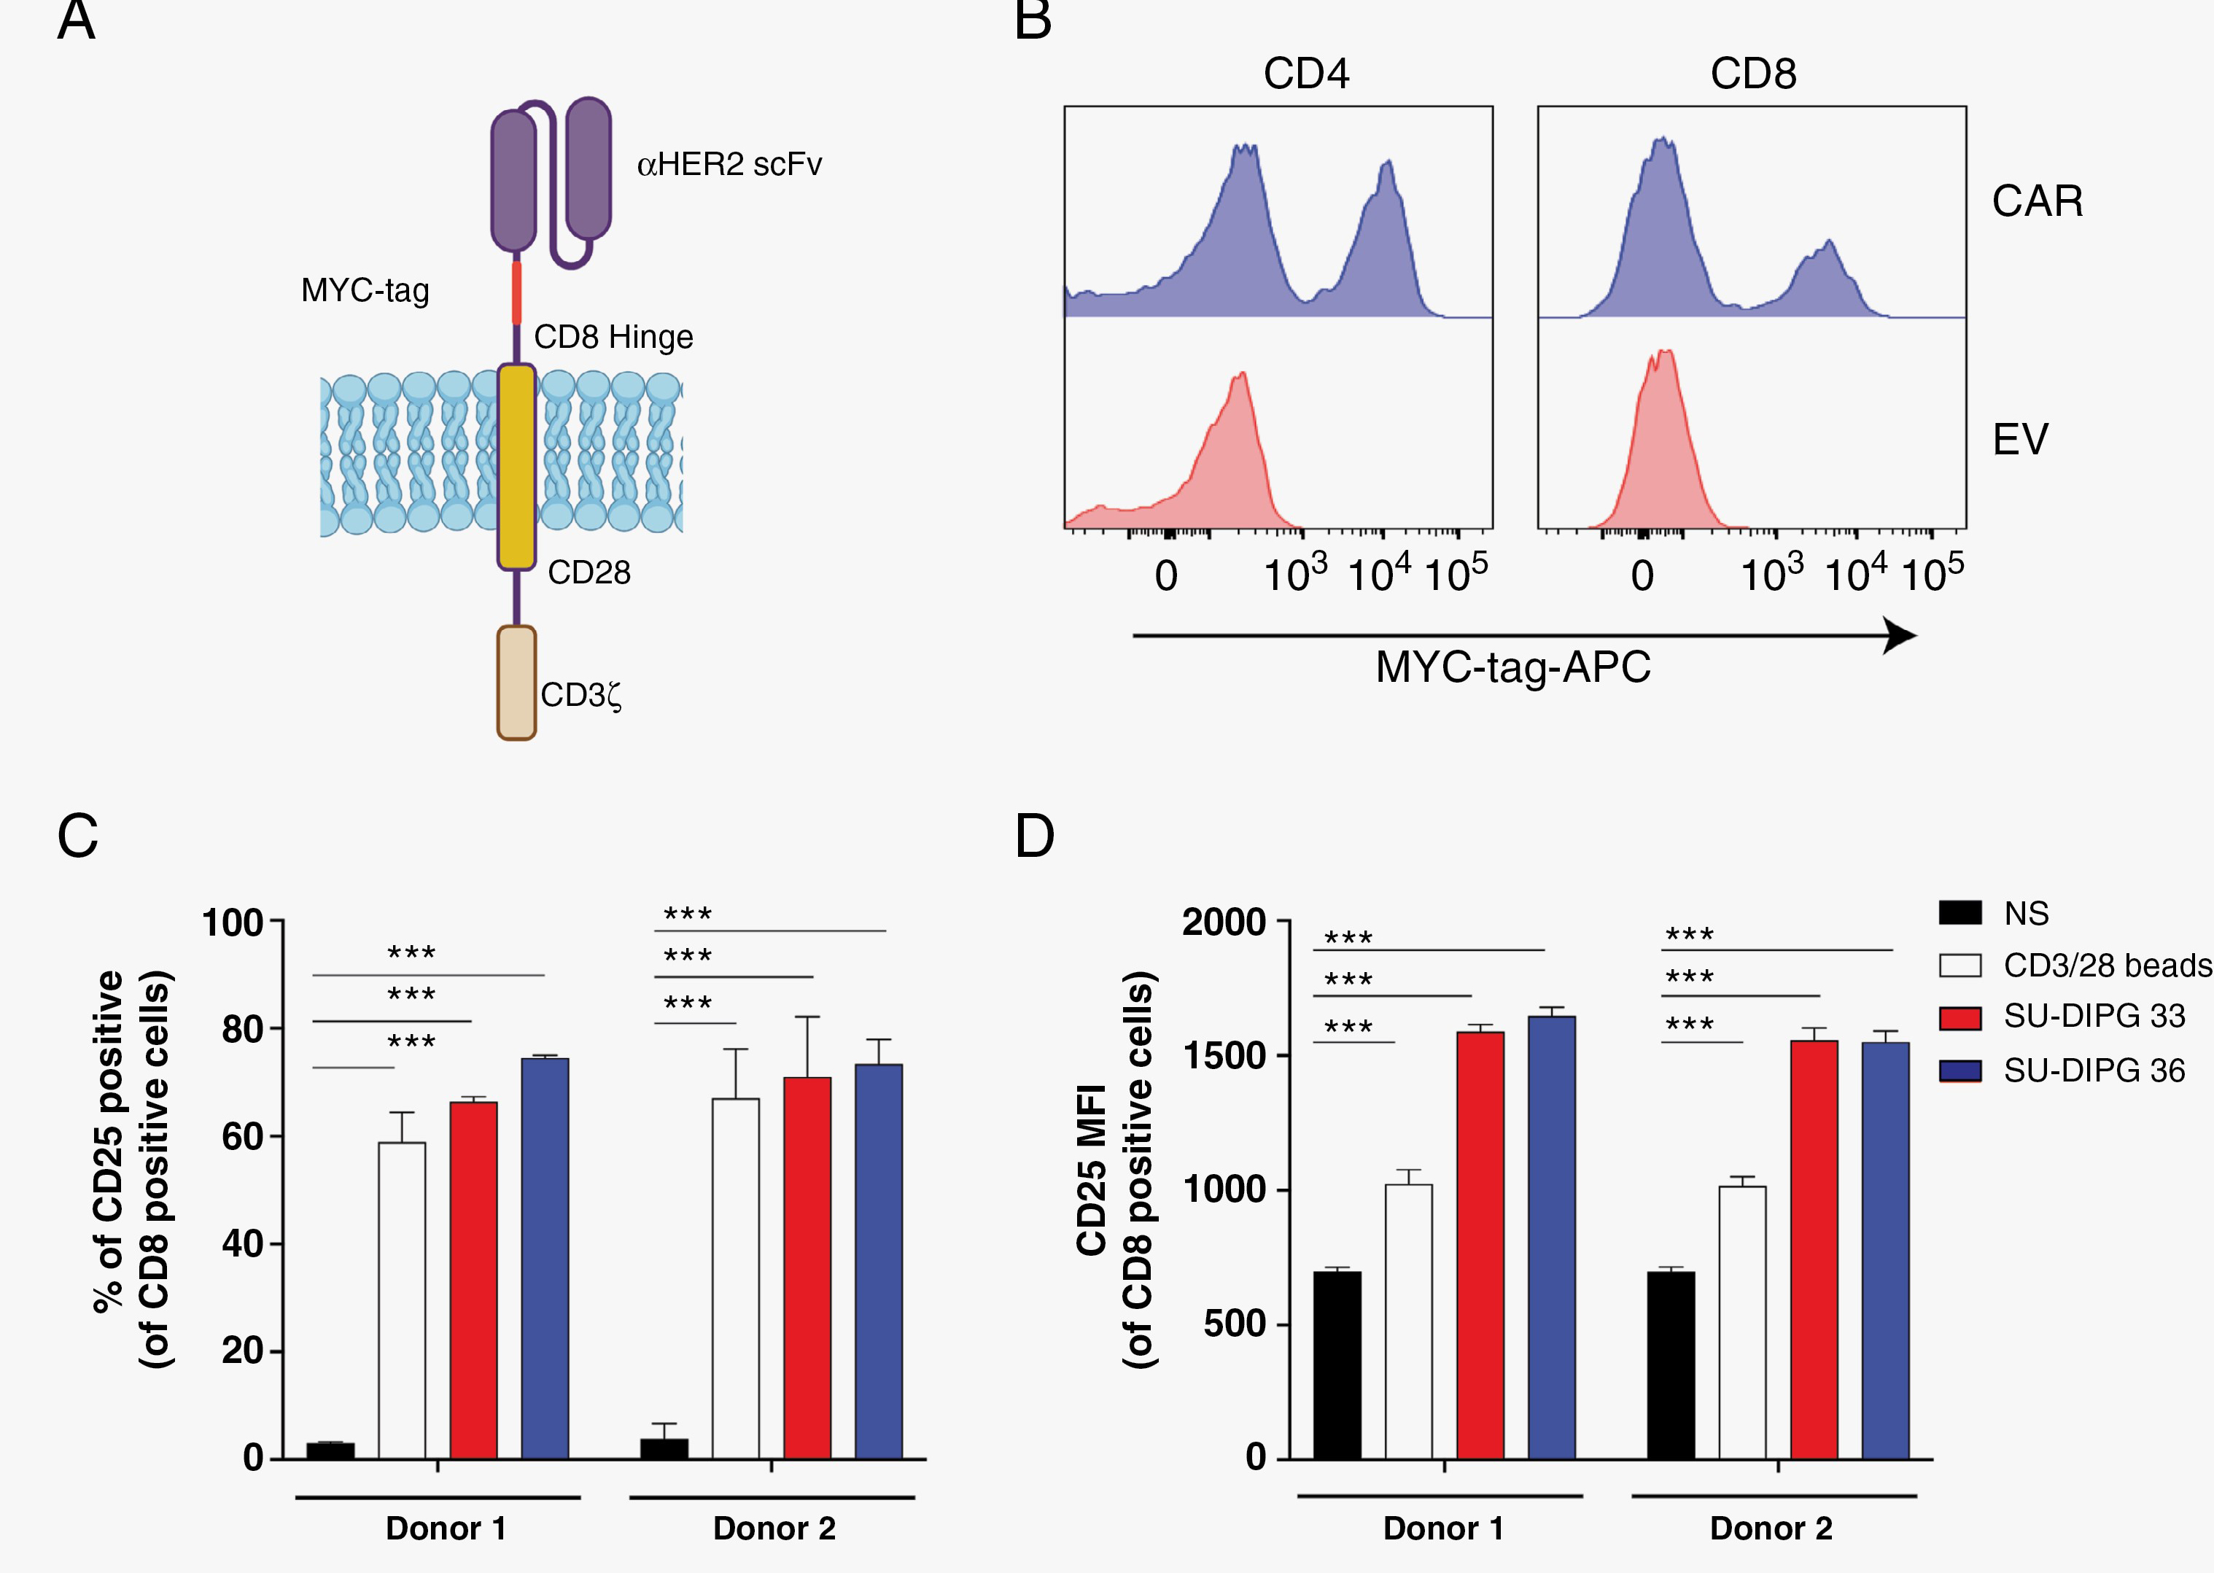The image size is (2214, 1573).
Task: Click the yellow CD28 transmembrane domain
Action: pyautogui.click(x=516, y=466)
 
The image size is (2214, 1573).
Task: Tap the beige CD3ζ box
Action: pyautogui.click(x=516, y=683)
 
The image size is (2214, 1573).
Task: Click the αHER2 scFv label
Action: pyautogui.click(x=729, y=165)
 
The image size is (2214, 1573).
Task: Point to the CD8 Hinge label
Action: pyautogui.click(x=613, y=337)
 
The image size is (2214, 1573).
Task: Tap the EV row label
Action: pyautogui.click(x=2019, y=440)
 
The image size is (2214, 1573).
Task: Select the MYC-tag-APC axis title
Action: pyautogui.click(x=1512, y=667)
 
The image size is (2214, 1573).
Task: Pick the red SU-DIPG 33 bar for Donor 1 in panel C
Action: pyautogui.click(x=473, y=1278)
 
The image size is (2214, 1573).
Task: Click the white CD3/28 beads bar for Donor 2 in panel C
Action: pyautogui.click(x=735, y=1278)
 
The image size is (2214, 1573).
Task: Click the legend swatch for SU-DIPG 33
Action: pyautogui.click(x=1959, y=1018)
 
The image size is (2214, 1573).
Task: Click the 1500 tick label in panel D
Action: pyautogui.click(x=1224, y=1056)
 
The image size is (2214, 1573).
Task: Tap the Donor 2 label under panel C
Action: pyautogui.click(x=774, y=1529)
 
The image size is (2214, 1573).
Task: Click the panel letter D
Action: pyautogui.click(x=1034, y=837)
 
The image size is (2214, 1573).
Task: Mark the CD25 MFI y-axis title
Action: pyautogui.click(x=1092, y=1169)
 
